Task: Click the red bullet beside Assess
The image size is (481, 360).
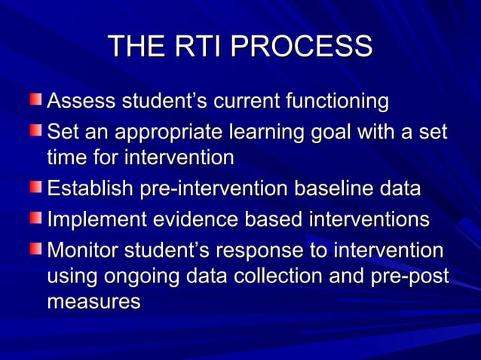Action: coord(37,99)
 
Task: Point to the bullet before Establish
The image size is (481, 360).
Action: coord(37,188)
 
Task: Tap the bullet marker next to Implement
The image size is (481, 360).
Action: coord(37,218)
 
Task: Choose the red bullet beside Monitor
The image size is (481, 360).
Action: coord(37,249)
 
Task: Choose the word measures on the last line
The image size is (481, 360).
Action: coord(94,303)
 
